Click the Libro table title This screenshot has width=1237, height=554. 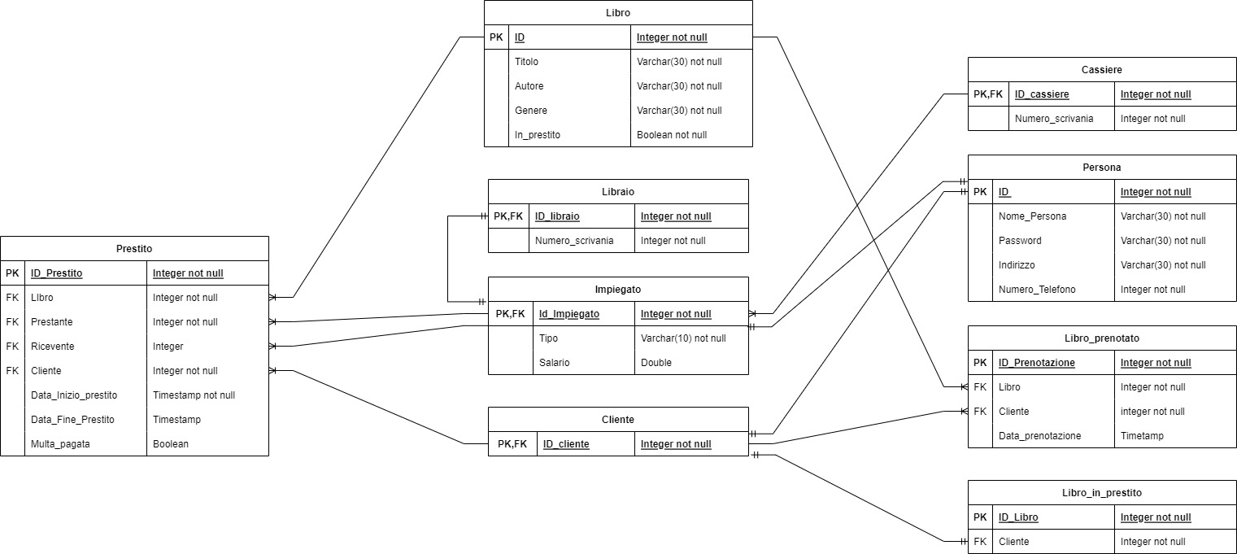[x=618, y=13]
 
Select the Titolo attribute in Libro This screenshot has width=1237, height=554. [x=526, y=62]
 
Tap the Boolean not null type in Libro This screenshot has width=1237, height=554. [x=671, y=135]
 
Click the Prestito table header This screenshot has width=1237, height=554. [x=134, y=249]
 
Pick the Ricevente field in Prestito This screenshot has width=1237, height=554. [x=52, y=347]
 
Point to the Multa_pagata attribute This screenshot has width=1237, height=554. [x=60, y=444]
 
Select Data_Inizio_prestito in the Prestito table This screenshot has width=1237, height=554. [x=73, y=395]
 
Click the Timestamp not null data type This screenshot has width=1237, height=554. [x=194, y=395]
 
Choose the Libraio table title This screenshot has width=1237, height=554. [x=618, y=192]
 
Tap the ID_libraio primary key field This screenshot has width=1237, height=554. [x=557, y=216]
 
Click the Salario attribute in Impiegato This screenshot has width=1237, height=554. [x=554, y=363]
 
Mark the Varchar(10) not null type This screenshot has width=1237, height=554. [x=683, y=338]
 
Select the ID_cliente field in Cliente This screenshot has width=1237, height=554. [x=566, y=444]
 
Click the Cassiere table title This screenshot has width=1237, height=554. [x=1102, y=70]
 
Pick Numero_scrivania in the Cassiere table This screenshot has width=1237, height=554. [x=1054, y=119]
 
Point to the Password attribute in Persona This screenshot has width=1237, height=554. [x=1020, y=241]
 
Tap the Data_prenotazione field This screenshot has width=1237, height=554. [x=1039, y=436]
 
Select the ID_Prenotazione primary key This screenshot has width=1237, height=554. [x=1036, y=363]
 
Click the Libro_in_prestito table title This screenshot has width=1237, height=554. [x=1102, y=493]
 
